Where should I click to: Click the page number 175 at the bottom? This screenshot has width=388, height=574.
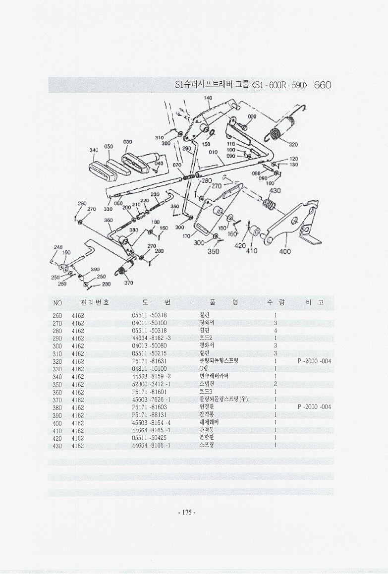tap(187, 512)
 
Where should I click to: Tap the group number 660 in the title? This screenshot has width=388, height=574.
tap(322, 85)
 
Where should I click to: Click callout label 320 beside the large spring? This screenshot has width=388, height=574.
tap(293, 145)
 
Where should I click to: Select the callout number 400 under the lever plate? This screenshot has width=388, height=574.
tap(285, 251)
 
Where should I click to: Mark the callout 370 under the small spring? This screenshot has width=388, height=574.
tap(128, 283)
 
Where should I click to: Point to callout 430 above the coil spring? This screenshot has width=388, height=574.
tap(275, 190)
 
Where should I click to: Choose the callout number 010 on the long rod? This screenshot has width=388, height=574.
tap(214, 152)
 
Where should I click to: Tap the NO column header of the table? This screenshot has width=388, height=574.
tap(57, 302)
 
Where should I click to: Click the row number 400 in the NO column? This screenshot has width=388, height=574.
tap(57, 423)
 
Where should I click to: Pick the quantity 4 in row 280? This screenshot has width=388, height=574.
tap(275, 331)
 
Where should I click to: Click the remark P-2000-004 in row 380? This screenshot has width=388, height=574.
tap(314, 407)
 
